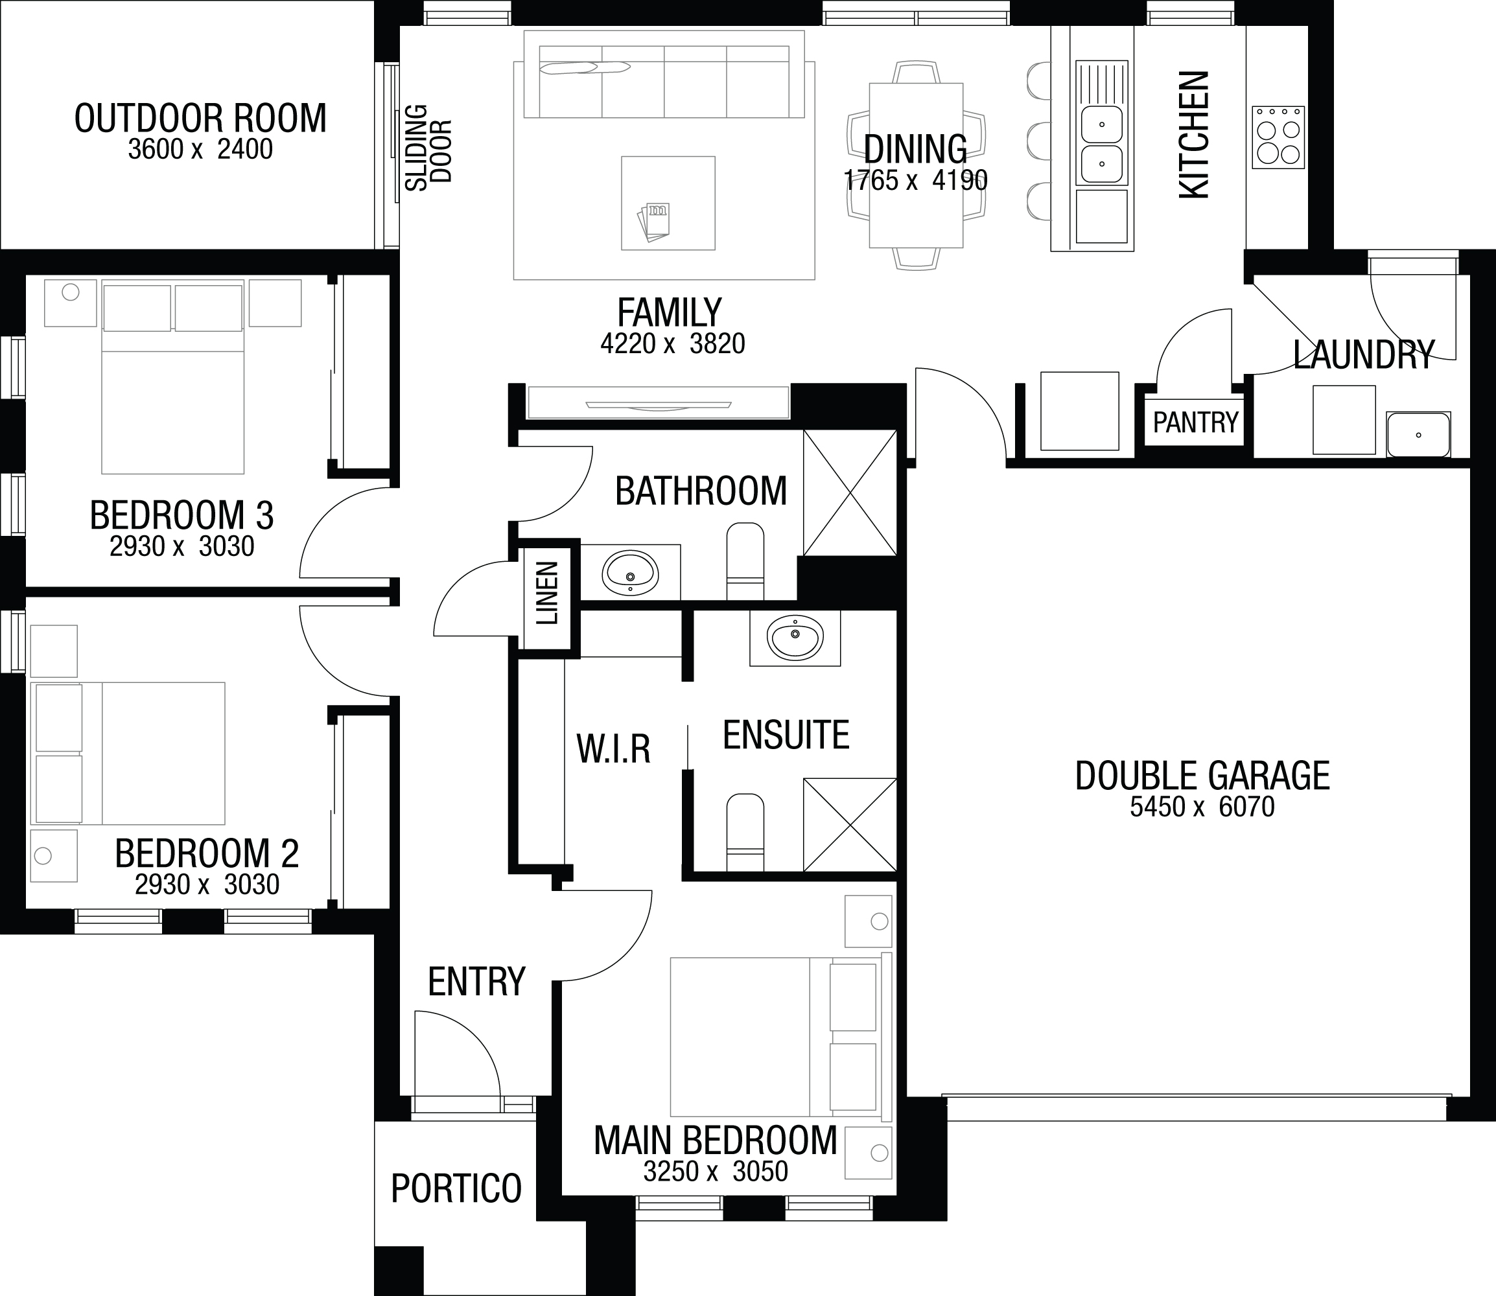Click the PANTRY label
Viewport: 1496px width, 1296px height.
pyautogui.click(x=1195, y=422)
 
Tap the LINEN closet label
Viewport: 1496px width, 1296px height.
pyautogui.click(x=548, y=594)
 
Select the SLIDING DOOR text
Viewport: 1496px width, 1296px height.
pyautogui.click(x=428, y=148)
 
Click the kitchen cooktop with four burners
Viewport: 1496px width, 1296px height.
pyautogui.click(x=1278, y=137)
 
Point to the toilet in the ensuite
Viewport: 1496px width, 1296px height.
pyautogui.click(x=745, y=833)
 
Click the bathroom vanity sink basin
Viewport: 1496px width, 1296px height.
pyautogui.click(x=630, y=573)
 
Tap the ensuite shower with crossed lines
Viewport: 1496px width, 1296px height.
pyautogui.click(x=850, y=825)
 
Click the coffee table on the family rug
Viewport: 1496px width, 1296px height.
pyautogui.click(x=668, y=203)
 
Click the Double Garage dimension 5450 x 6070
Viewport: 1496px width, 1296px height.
pyautogui.click(x=1202, y=806)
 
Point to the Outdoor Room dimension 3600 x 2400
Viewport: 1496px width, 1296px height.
pyautogui.click(x=200, y=149)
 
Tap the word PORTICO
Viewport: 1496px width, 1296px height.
pyautogui.click(x=456, y=1188)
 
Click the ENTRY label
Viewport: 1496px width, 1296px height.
pyautogui.click(x=476, y=982)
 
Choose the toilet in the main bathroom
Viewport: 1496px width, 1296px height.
pyautogui.click(x=745, y=561)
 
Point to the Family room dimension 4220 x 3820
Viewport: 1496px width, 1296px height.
pyautogui.click(x=673, y=343)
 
